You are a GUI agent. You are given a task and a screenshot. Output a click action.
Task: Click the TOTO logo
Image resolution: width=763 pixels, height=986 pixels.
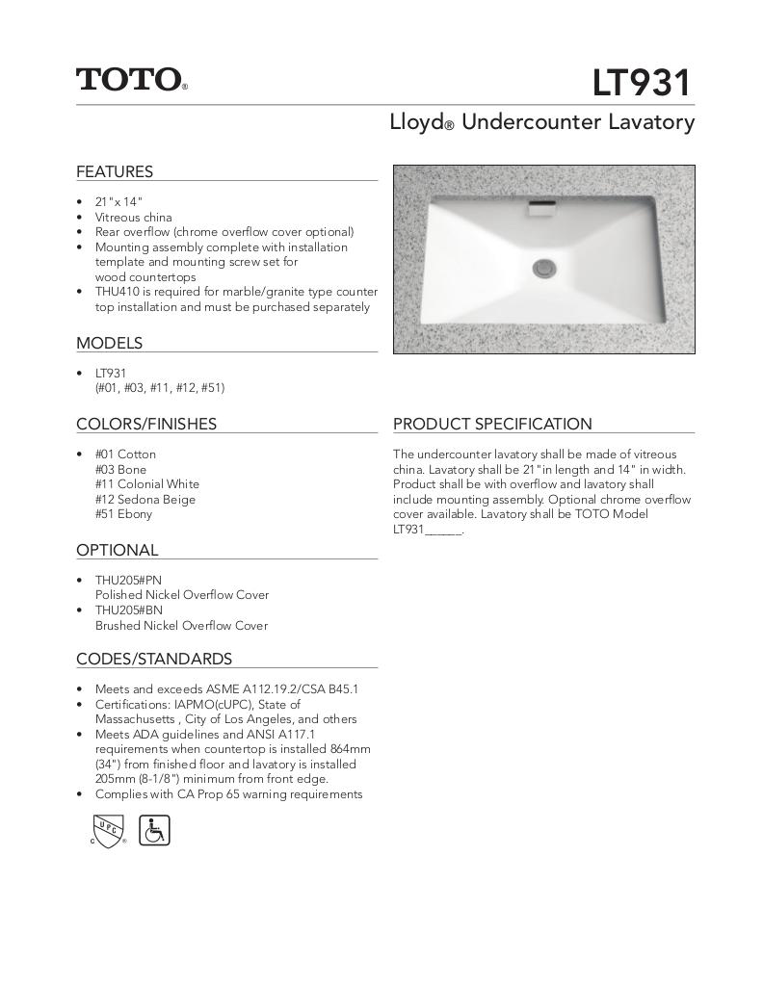click(x=131, y=79)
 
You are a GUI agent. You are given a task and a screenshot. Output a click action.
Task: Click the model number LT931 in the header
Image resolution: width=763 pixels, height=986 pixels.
click(x=642, y=84)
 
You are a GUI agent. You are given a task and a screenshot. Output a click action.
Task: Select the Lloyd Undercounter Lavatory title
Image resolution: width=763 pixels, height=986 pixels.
click(x=541, y=123)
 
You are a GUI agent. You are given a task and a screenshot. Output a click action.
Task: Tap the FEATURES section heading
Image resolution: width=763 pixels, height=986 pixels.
click(x=115, y=172)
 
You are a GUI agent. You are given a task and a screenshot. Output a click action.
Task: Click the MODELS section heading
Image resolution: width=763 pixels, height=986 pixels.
click(x=109, y=344)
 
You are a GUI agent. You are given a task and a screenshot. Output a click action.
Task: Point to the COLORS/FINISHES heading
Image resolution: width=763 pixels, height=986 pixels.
click(x=146, y=425)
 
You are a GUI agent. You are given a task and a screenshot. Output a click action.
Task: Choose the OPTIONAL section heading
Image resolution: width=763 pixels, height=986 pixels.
click(x=117, y=551)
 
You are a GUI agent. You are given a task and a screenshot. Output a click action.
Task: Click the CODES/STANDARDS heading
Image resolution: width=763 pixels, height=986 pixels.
click(x=154, y=660)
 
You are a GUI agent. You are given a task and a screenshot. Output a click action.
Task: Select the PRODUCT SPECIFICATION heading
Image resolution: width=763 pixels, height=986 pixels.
click(x=492, y=425)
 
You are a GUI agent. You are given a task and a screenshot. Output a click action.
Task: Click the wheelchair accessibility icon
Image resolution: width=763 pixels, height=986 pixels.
click(x=154, y=830)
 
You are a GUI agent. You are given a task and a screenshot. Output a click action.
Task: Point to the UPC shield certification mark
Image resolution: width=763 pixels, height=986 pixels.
click(x=107, y=829)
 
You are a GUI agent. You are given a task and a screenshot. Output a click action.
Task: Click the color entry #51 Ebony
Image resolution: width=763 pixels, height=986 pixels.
click(x=123, y=514)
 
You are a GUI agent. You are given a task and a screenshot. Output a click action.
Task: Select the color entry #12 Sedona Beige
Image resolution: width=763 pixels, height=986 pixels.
click(x=145, y=499)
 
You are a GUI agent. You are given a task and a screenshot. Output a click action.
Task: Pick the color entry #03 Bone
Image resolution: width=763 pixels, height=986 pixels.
click(x=120, y=469)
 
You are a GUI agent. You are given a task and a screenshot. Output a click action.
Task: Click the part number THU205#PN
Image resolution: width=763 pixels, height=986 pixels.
click(x=128, y=580)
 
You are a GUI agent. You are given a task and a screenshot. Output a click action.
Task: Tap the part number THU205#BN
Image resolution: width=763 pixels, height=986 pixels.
click(x=128, y=610)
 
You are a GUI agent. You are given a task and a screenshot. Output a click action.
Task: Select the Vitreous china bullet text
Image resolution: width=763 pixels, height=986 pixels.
click(x=133, y=218)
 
